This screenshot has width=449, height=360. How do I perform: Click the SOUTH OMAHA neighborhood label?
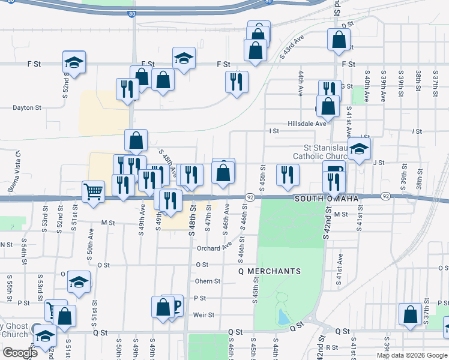pos(326,199)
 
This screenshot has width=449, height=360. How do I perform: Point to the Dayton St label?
pos(27,108)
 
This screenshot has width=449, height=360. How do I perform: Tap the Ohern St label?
pos(208,281)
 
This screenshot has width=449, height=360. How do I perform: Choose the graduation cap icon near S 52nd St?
pos(74,62)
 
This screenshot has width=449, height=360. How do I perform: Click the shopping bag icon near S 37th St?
pos(411,314)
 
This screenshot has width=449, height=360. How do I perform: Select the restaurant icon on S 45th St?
pos(288,175)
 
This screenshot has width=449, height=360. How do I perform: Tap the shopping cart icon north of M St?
pos(93,193)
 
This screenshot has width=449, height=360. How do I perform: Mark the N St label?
pos(6,245)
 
